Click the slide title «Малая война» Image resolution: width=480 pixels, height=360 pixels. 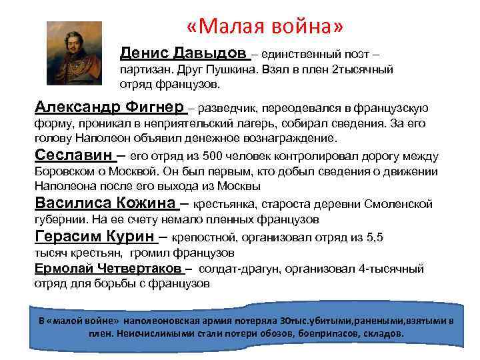pyautogui.click(x=265, y=26)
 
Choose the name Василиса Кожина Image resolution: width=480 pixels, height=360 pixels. pyautogui.click(x=105, y=203)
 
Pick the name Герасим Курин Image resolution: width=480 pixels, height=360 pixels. pyautogui.click(x=94, y=237)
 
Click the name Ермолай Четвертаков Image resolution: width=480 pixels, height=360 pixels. pyautogui.click(x=107, y=269)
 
